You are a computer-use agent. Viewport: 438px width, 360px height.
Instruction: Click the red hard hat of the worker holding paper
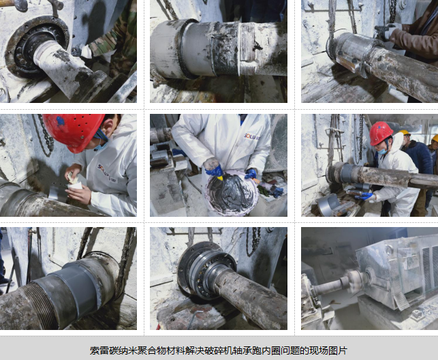coord(74,132)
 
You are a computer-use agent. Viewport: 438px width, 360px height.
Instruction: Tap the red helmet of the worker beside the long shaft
coord(381,134)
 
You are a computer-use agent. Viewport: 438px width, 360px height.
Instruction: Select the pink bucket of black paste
coord(232,193)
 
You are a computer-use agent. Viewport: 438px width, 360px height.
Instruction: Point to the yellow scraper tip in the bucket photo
coord(220,178)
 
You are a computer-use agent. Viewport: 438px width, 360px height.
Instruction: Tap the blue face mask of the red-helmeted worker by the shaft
coord(383,151)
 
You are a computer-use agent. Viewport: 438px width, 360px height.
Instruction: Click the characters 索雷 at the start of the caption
coord(95,350)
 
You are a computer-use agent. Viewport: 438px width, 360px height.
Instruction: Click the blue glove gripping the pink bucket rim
coord(251,174)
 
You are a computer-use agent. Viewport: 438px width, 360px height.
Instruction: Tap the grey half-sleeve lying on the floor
coord(328,204)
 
